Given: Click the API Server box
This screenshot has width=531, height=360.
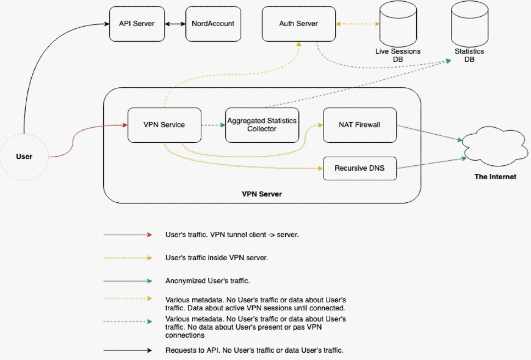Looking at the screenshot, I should (x=137, y=24).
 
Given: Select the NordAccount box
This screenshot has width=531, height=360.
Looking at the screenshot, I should (x=213, y=24).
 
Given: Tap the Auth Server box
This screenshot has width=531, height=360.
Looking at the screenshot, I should (x=298, y=24).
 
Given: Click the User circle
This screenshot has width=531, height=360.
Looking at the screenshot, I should (x=24, y=156).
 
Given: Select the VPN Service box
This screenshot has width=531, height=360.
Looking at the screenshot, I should (x=164, y=125).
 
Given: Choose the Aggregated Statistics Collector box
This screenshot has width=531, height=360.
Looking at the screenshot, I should (x=262, y=125).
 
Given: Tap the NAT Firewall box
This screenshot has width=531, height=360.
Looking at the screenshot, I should (x=360, y=125).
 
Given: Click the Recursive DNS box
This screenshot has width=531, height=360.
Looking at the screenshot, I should (x=360, y=168).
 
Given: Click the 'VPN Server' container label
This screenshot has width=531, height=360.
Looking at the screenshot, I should (x=262, y=194).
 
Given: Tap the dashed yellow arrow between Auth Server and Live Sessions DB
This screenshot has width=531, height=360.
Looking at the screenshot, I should (x=358, y=24).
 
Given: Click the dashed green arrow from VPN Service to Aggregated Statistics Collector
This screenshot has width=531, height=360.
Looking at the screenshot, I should (x=213, y=125).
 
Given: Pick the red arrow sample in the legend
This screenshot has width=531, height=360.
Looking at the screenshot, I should (x=128, y=235).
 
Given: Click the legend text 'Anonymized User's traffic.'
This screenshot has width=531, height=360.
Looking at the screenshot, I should (x=207, y=281).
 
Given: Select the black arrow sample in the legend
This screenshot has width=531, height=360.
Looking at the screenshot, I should (x=128, y=350).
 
